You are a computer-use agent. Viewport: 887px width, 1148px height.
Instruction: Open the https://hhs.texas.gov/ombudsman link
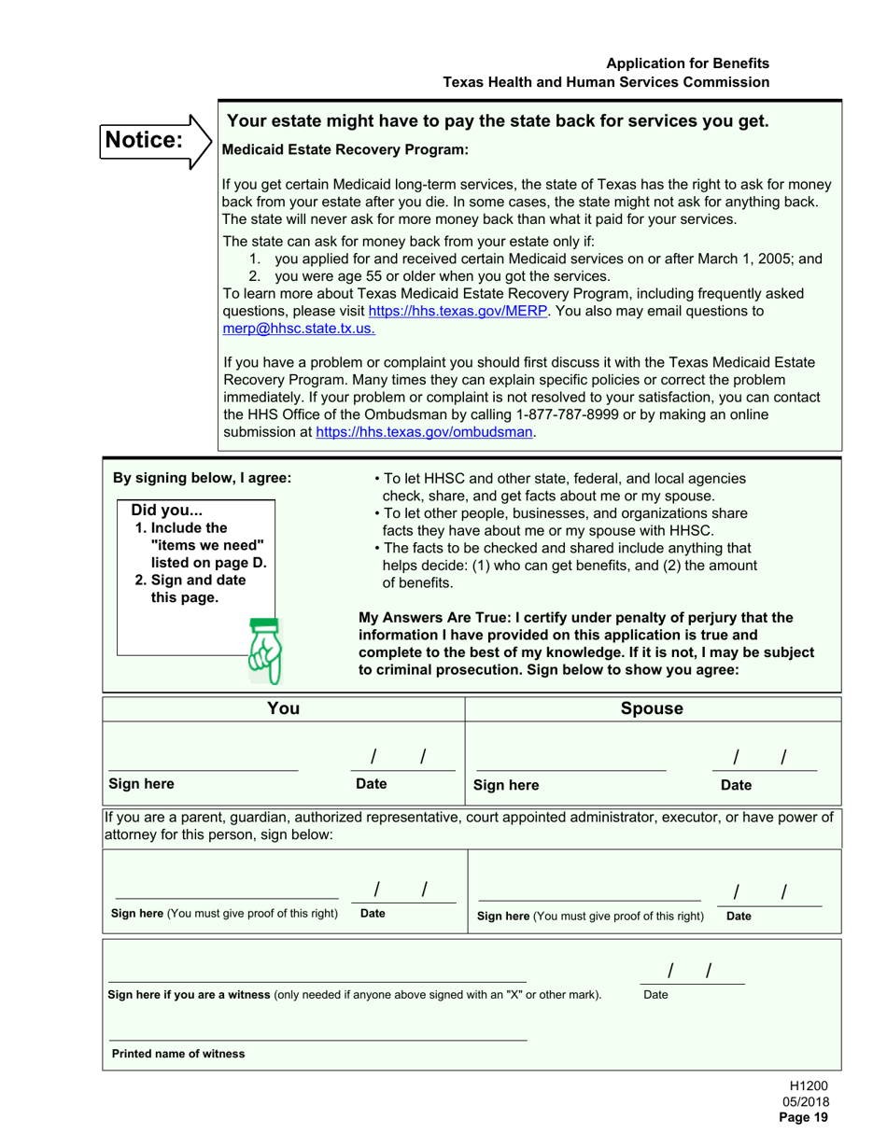[425, 432]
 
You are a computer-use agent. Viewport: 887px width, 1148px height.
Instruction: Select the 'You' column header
[283, 708]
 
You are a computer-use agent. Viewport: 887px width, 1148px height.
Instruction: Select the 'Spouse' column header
[652, 708]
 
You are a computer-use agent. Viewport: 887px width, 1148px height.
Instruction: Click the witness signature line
[317, 975]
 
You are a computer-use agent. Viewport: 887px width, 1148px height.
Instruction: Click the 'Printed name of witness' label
[178, 1054]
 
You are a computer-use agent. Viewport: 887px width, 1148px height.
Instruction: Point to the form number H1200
[809, 1085]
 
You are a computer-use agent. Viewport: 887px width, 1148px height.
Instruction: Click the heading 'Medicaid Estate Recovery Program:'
[345, 149]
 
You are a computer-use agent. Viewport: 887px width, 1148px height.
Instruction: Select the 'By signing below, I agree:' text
[202, 478]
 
